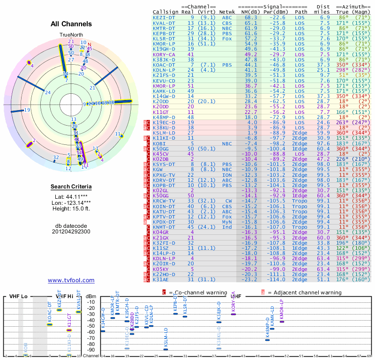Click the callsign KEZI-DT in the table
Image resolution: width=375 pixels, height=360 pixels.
[x=164, y=17]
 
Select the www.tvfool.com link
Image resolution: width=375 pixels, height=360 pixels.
[x=71, y=280]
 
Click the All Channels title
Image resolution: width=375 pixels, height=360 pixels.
[x=71, y=24]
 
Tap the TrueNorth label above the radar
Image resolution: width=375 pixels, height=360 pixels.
[x=71, y=35]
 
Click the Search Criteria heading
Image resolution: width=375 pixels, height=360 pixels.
[x=71, y=187]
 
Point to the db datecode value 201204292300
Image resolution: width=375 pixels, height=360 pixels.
[x=71, y=232]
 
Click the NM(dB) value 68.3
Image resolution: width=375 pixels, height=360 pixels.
[x=250, y=17]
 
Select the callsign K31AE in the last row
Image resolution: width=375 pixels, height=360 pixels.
[x=162, y=280]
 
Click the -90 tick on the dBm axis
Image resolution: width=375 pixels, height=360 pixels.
[x=92, y=350]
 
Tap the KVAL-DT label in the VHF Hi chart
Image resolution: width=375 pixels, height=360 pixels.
[x=79, y=298]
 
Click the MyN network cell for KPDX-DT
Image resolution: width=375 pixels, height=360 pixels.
[x=227, y=221]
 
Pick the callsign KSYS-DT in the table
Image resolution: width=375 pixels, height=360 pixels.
[x=164, y=164]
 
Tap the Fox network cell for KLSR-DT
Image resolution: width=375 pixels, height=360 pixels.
[x=227, y=38]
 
